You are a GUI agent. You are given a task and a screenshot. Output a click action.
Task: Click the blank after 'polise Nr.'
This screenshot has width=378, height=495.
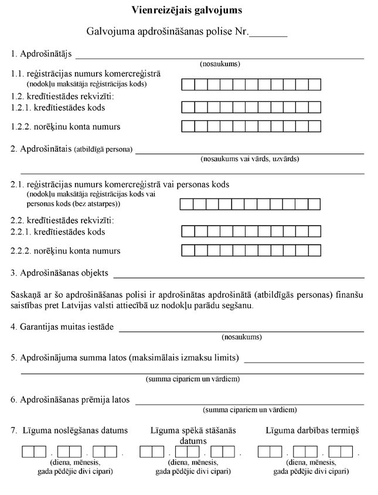[268, 33]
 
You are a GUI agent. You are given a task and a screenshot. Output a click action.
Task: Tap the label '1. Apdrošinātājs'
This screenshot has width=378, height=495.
[41, 54]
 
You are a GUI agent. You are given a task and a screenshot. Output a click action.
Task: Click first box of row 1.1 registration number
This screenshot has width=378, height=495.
[188, 84]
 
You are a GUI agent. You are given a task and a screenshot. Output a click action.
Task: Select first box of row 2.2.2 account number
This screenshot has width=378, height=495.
[188, 250]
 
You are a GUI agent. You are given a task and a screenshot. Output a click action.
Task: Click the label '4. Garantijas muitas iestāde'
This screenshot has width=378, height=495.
[63, 326]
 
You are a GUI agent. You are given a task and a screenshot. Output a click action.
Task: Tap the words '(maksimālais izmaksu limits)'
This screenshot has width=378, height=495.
[185, 357]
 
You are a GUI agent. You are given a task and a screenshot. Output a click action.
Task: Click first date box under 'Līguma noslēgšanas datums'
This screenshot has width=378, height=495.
[28, 452]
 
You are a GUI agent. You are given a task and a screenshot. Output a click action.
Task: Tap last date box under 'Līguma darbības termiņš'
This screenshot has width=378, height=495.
[347, 452]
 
